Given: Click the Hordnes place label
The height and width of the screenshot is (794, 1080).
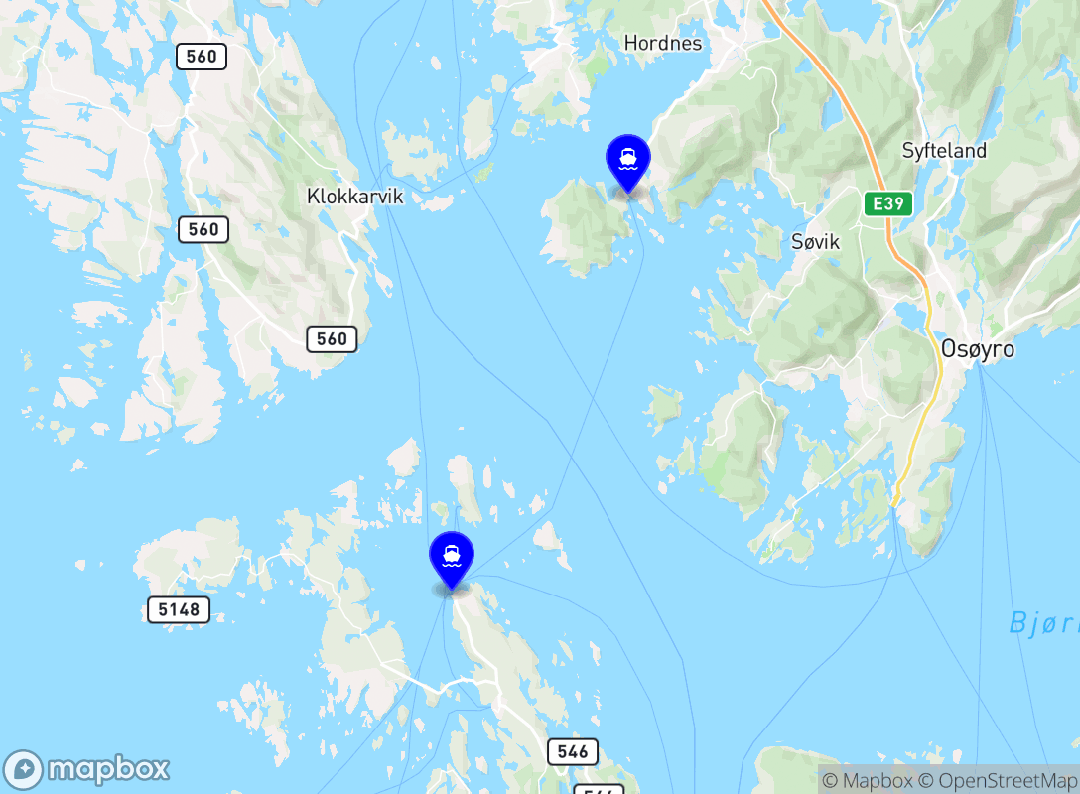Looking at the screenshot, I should click(x=662, y=43).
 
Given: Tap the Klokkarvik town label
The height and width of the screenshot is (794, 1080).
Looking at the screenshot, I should click(x=354, y=197).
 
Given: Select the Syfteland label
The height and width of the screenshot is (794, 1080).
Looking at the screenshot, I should click(x=944, y=151).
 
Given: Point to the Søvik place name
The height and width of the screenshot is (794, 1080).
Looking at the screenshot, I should click(x=816, y=241).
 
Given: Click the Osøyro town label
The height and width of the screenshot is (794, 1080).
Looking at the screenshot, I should click(x=977, y=349).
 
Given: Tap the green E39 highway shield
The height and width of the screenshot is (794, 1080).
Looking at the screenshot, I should click(x=886, y=203).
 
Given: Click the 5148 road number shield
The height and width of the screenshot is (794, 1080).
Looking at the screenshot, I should click(x=179, y=609).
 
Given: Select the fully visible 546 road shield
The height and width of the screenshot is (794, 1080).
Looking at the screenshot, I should click(x=572, y=751).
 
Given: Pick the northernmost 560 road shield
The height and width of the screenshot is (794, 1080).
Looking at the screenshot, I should click(x=202, y=57).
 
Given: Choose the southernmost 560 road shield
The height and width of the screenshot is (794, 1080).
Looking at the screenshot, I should click(x=332, y=339).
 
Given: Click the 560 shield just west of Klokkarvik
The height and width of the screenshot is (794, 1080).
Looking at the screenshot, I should click(x=203, y=230).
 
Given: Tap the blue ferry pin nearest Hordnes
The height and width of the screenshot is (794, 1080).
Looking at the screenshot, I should click(x=627, y=160).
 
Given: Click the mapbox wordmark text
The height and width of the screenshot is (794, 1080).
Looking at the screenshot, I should click(x=108, y=769).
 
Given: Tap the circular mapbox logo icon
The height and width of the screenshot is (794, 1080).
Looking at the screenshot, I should click(x=24, y=770).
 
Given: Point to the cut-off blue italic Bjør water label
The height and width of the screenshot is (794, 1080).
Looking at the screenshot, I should click(x=1043, y=624).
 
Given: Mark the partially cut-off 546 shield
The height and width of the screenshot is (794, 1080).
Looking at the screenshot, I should click(x=599, y=789).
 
